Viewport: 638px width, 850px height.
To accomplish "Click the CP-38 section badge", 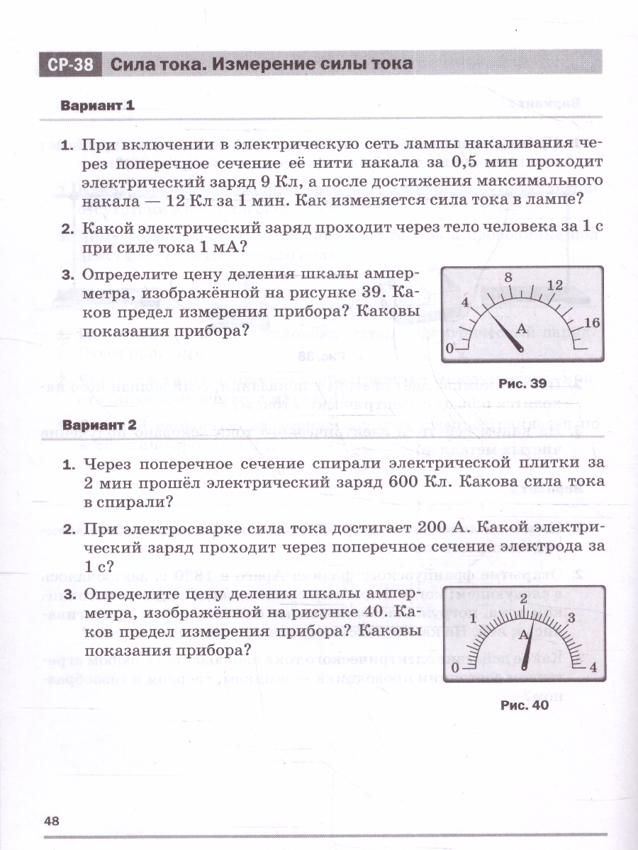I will point(71,64).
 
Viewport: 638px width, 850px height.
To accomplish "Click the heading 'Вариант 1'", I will point(97,106).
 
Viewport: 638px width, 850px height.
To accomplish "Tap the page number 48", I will point(52,821).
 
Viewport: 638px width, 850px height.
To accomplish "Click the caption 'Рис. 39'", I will point(522,384).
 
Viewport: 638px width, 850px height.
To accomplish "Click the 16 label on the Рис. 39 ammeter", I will point(593,323).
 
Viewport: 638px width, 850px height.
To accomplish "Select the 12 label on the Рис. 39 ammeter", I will point(555,285).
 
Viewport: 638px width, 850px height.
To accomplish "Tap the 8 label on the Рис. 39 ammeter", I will point(508,278).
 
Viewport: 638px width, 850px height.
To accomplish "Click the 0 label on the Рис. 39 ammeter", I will point(448,348).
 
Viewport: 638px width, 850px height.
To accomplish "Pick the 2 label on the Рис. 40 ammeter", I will point(523,599).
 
